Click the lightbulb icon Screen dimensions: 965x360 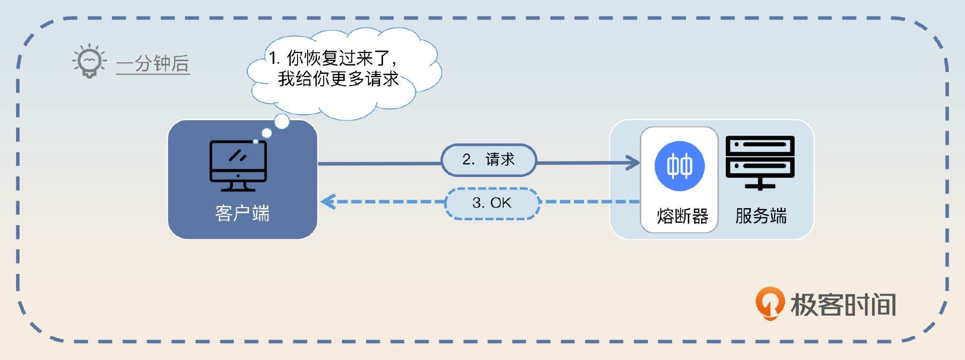89,61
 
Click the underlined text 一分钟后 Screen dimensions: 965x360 153,64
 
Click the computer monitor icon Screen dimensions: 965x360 238,166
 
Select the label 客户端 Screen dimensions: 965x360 242,213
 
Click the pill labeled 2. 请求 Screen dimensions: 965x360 489,160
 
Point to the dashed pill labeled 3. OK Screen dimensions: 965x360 493,203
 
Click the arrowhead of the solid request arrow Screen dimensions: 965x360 633,162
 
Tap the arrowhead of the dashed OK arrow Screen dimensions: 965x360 328,202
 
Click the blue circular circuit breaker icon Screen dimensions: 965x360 680,166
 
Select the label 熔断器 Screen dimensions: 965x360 683,216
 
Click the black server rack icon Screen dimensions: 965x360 760,163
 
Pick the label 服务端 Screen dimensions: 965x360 761,216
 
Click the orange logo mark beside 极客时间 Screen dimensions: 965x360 770,303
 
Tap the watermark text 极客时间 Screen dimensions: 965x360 843,305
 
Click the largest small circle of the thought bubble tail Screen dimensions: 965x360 282,121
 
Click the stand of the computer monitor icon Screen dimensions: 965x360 238,186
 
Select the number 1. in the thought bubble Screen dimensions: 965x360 274,58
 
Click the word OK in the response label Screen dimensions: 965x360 501,203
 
